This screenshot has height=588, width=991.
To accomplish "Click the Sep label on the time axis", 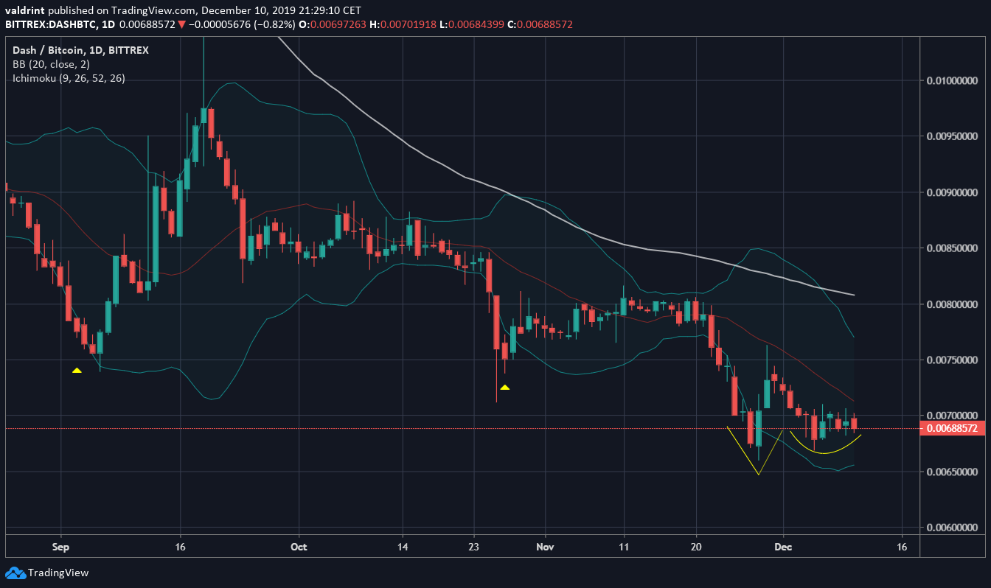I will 60,547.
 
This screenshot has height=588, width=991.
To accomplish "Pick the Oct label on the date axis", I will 299,547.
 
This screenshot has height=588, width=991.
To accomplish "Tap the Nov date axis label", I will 545,547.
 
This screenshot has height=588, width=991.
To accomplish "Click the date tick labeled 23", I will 473,547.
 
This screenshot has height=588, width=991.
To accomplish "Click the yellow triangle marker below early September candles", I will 77,370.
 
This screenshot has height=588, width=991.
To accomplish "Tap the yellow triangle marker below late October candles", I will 505,387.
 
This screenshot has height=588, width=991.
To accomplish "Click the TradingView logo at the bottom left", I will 47,573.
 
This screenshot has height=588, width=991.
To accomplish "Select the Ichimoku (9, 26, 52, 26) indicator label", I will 69,78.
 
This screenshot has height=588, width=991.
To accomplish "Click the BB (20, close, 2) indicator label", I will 51,64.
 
